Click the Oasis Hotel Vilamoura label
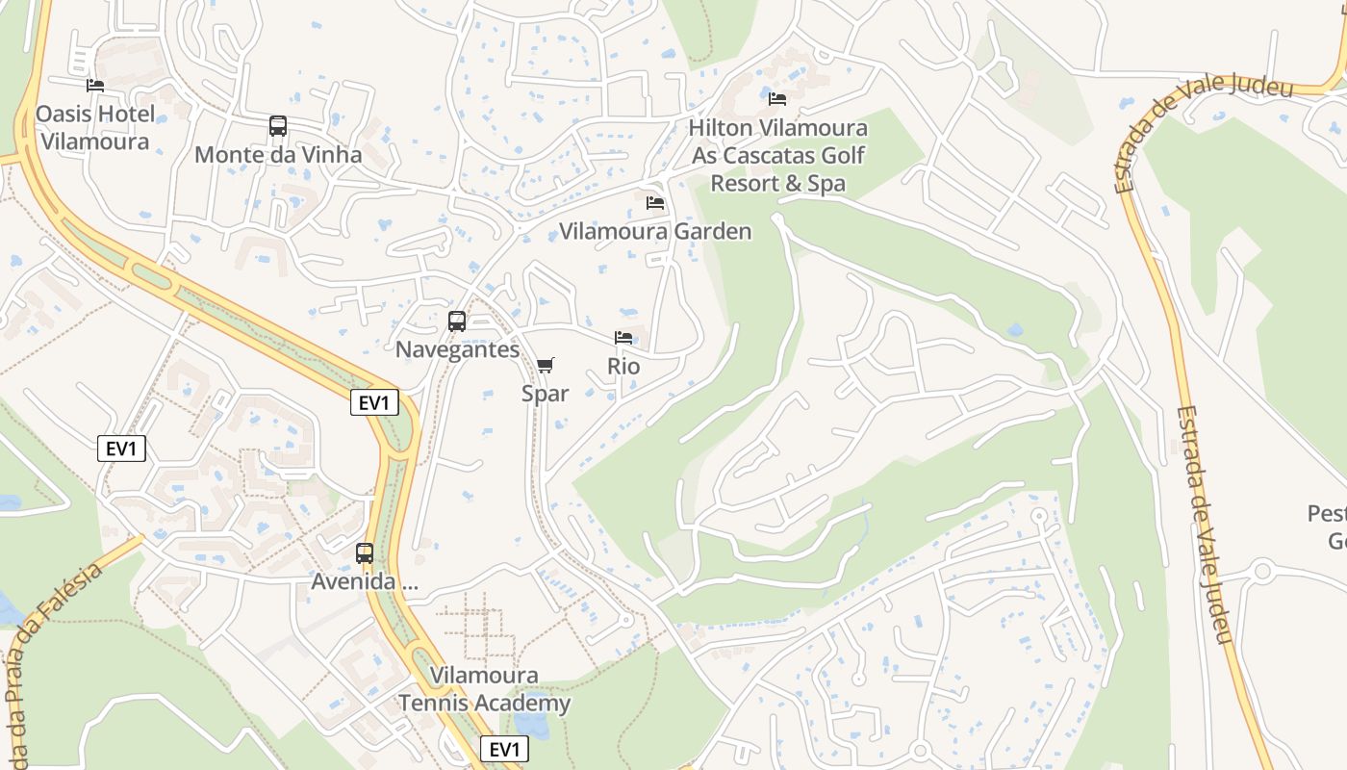(94, 128)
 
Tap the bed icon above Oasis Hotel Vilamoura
(95, 86)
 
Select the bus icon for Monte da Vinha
(278, 126)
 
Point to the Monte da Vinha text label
(278, 155)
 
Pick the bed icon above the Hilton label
(777, 99)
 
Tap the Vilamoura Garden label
(655, 231)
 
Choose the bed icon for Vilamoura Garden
(655, 203)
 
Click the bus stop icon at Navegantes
(457, 321)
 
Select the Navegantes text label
(457, 349)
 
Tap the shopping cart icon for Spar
(546, 365)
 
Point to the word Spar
(546, 394)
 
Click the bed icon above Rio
(623, 338)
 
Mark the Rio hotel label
(623, 367)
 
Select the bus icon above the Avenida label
(365, 553)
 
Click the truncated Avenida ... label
(365, 581)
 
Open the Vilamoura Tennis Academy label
(485, 689)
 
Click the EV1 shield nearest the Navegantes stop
(374, 403)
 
